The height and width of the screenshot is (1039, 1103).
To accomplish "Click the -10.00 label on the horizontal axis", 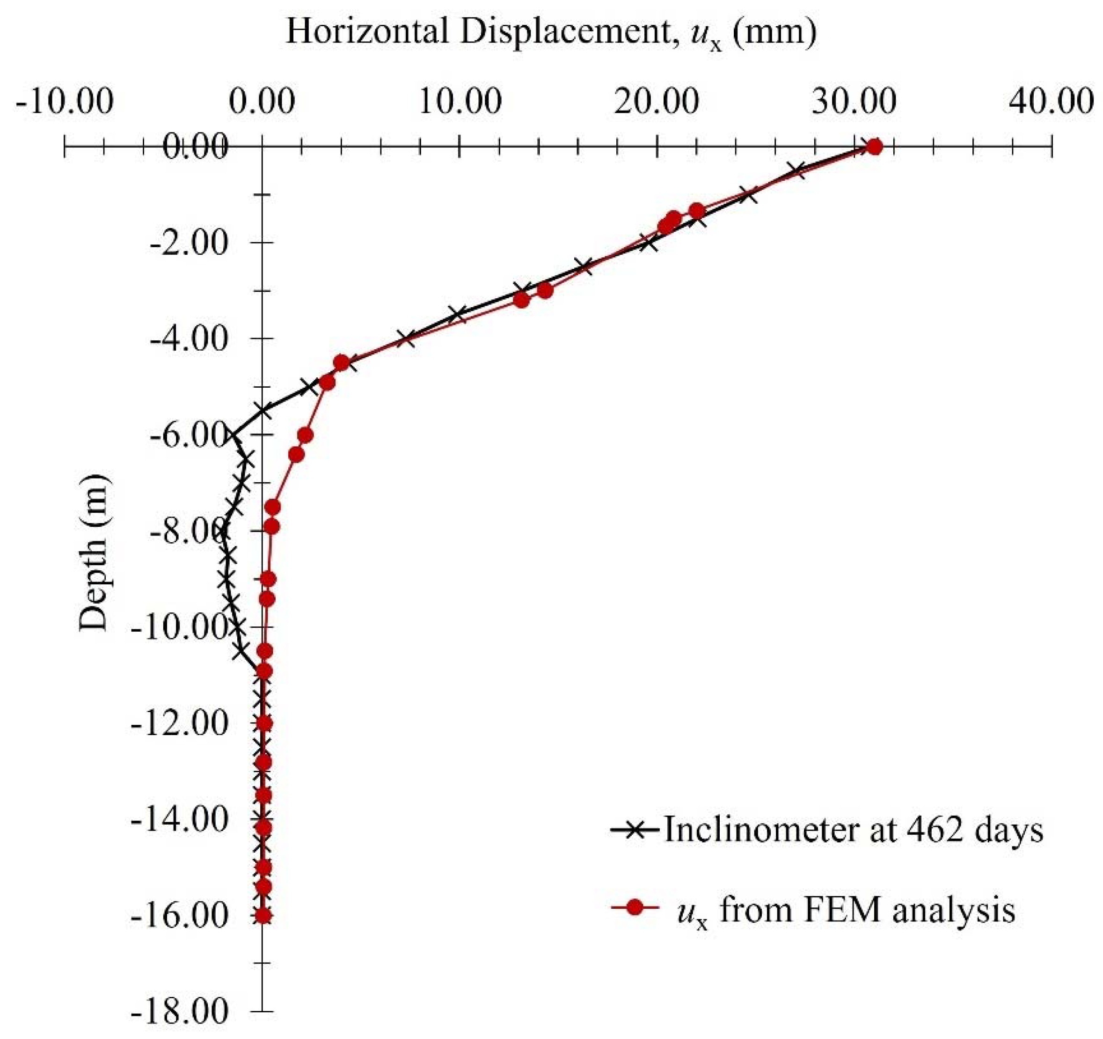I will coord(65,103).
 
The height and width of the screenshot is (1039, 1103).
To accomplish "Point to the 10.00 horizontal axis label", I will coord(460,103).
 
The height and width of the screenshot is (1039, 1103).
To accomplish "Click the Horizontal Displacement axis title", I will coord(551,32).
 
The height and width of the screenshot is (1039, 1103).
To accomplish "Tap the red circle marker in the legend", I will coord(636,908).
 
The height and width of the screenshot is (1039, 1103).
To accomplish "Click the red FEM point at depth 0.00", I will coord(875,147).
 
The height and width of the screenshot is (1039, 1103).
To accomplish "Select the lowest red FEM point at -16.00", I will coord(263,916).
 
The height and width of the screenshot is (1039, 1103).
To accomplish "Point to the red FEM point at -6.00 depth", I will coord(305,435).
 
